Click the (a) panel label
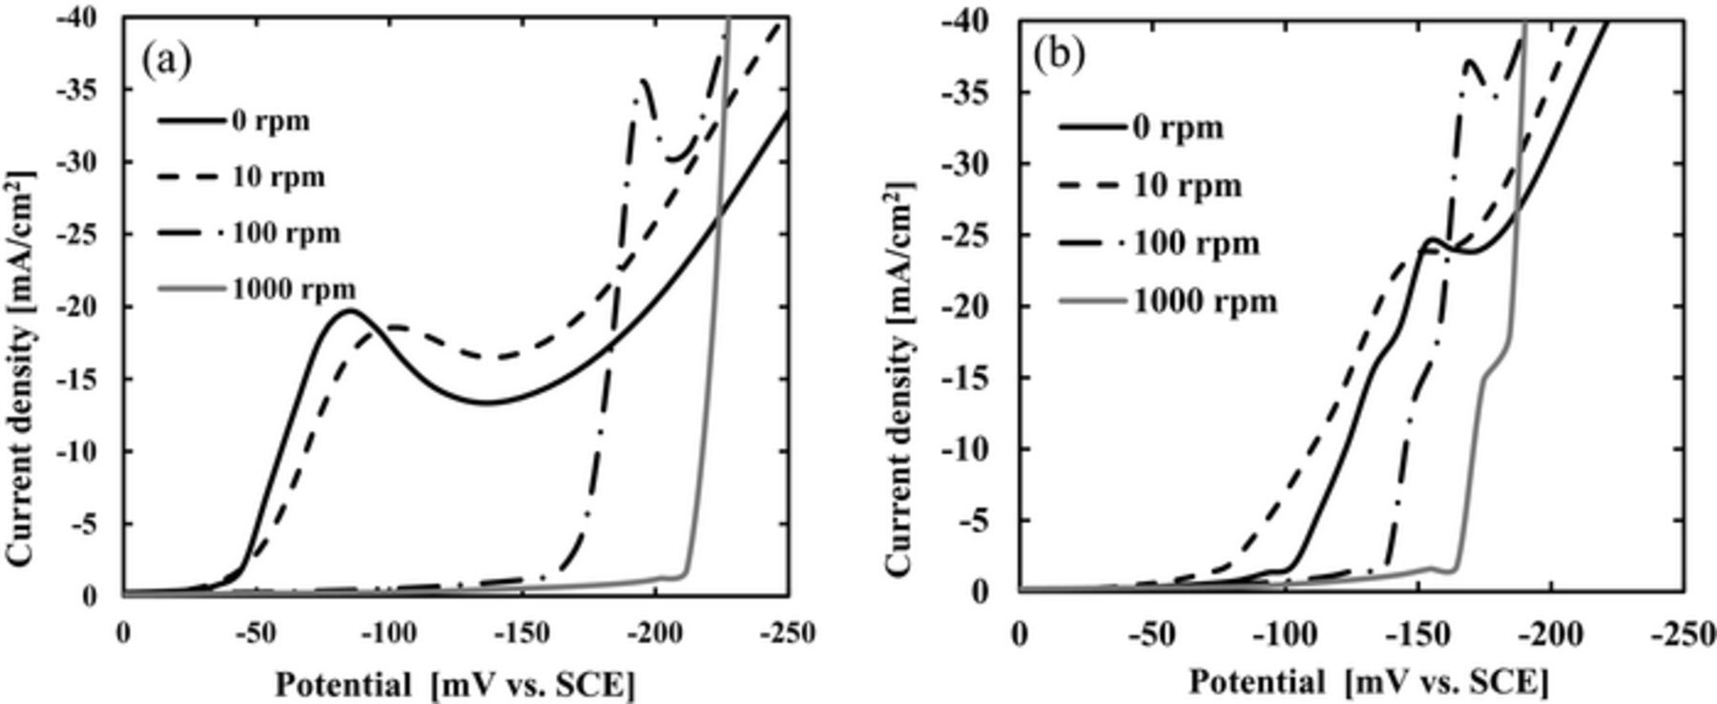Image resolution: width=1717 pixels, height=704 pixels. (167, 60)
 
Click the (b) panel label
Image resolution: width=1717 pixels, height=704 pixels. (1060, 56)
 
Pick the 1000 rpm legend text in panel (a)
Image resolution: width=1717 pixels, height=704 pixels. (295, 288)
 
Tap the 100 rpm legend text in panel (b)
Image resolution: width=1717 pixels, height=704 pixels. (1196, 243)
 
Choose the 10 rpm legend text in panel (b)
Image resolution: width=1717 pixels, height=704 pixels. (1188, 185)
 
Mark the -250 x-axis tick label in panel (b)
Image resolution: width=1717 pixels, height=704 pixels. (1684, 632)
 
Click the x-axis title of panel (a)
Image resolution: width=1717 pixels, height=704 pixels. (454, 684)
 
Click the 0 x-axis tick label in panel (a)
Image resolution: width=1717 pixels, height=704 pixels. (122, 632)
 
